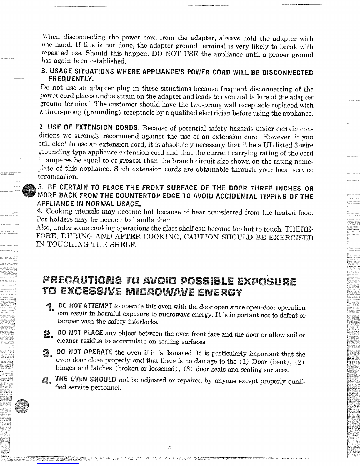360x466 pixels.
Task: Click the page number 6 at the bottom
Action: click(169, 448)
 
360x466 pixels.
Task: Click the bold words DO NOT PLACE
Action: click(81, 334)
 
